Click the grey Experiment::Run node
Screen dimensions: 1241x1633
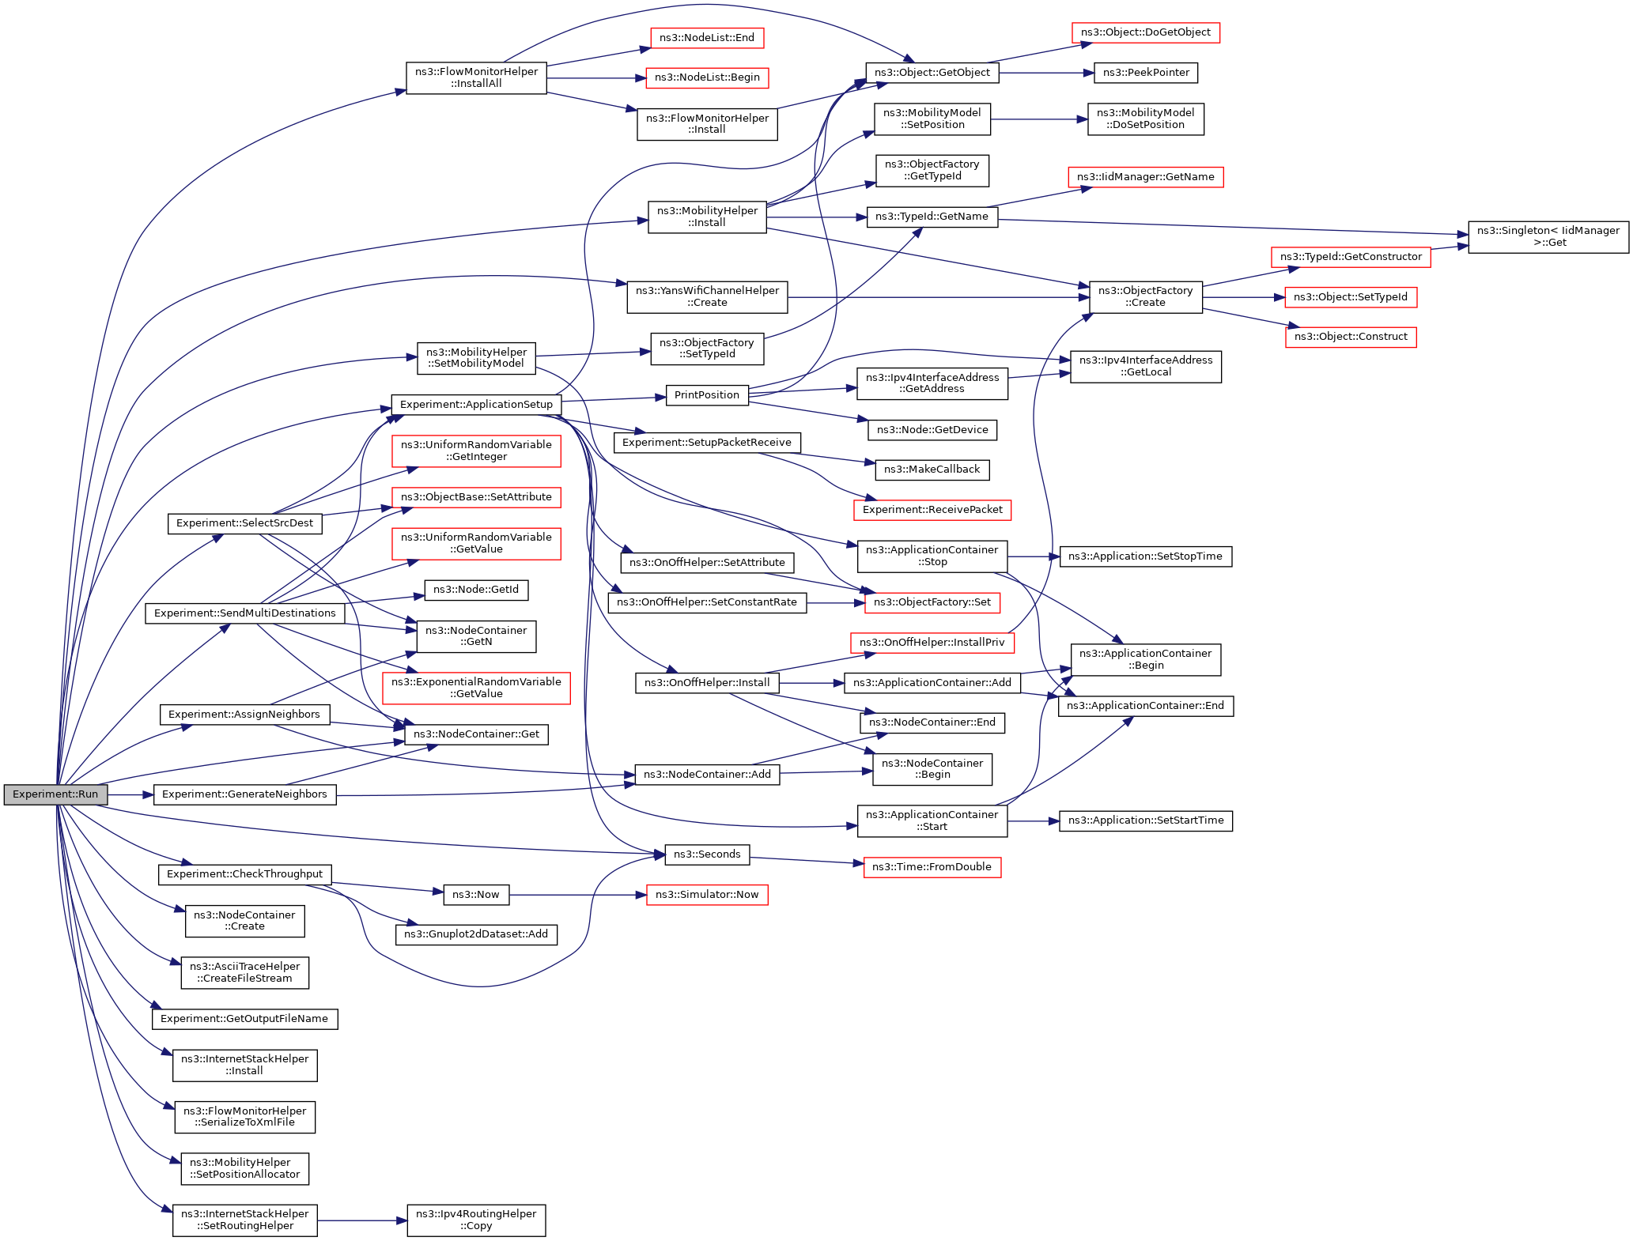[55, 794]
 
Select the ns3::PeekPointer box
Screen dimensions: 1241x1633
[1146, 73]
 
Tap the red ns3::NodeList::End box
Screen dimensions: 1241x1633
[707, 38]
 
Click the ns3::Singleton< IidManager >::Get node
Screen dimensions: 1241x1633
[1548, 236]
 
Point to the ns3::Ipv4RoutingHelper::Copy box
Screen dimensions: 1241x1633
[476, 1220]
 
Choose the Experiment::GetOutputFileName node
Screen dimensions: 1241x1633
[244, 1019]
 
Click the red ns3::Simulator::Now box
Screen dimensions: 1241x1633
[707, 895]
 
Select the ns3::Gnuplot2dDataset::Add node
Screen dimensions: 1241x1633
[476, 934]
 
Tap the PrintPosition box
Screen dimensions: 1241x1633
[707, 395]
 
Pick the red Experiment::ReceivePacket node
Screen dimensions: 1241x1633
[932, 510]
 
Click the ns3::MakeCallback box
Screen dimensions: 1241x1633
[932, 470]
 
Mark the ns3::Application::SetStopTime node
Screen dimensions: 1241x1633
[1145, 556]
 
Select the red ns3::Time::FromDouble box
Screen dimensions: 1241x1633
[932, 867]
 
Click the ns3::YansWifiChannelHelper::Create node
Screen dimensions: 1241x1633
[707, 296]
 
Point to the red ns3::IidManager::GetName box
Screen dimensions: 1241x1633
[1145, 177]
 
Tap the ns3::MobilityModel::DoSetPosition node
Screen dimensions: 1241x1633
[1145, 119]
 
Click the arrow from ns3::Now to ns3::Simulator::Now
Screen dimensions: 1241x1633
[577, 895]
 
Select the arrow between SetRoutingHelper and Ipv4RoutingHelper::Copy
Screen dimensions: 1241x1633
[362, 1220]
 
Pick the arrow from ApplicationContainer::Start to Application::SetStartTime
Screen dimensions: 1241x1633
[1033, 821]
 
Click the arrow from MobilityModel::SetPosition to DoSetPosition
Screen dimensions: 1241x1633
[1039, 119]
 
